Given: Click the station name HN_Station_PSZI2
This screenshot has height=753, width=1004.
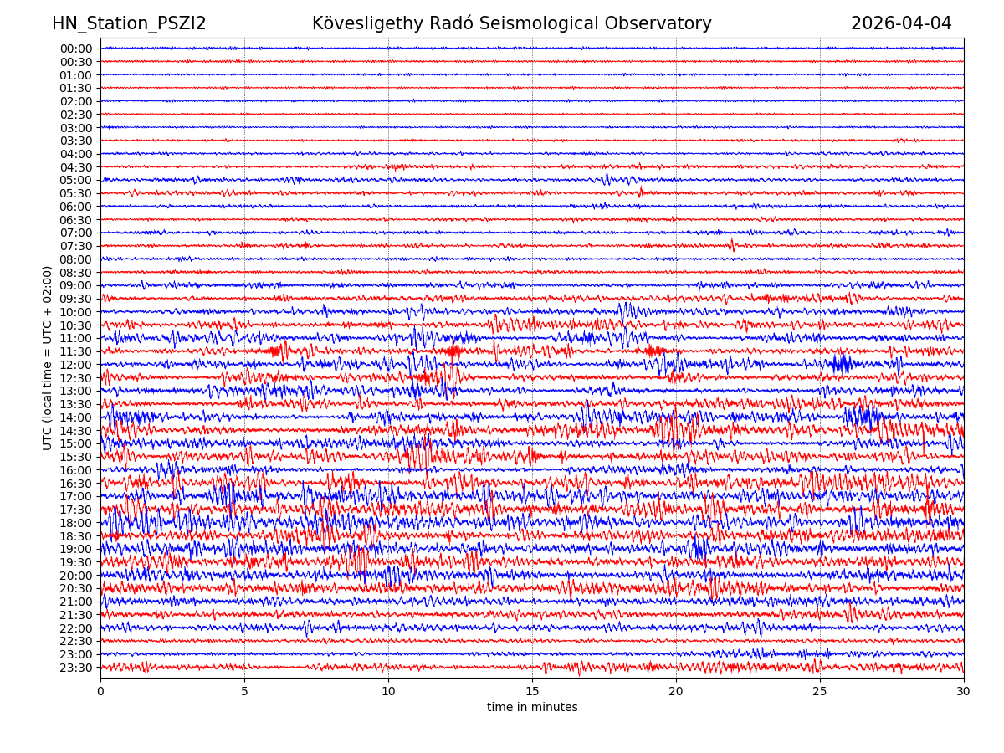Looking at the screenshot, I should pos(129,24).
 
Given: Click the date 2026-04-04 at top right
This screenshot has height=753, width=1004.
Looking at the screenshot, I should pos(901,24).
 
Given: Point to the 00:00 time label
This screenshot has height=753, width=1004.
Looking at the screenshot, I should pos(76,49).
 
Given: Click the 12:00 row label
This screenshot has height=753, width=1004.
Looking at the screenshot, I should pos(76,365).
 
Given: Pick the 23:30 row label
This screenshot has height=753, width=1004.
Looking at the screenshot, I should pos(76,668).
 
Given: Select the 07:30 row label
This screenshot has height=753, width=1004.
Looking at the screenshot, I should pos(76,246).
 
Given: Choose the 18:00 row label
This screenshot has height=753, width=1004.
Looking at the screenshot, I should pos(76,523).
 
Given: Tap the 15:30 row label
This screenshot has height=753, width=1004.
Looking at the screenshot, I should pos(76,457).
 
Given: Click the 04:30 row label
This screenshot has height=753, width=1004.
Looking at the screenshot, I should pos(76,167).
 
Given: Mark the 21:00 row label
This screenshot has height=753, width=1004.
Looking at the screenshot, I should pos(76,602).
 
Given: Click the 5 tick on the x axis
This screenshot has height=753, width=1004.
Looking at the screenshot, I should pos(244,692).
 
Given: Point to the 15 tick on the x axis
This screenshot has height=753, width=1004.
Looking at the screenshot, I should pos(532,692).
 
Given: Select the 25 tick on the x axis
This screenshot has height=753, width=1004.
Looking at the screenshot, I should pos(820,692).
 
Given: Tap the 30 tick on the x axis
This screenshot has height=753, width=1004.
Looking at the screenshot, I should pos(964,692).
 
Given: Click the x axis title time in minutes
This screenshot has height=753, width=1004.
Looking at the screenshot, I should pos(532,708).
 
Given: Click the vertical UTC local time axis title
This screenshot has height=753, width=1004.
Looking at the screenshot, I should pos(48,358).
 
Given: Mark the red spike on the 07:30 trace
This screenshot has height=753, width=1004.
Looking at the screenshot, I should pos(732,244).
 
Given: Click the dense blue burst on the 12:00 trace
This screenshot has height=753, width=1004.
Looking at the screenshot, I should pos(841,364).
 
